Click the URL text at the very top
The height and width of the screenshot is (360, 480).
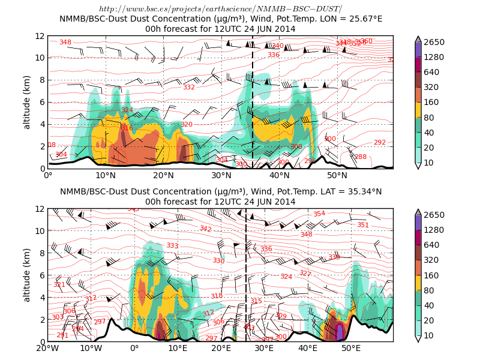[x=220, y=9]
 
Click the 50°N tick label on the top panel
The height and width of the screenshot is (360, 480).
[x=337, y=176]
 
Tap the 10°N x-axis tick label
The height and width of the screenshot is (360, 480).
[x=106, y=176]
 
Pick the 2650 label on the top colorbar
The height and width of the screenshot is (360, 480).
[x=436, y=42]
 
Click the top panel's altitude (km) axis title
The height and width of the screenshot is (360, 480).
[x=27, y=102]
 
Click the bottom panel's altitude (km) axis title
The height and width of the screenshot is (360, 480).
[x=27, y=275]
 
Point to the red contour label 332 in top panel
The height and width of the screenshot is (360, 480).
[x=189, y=88]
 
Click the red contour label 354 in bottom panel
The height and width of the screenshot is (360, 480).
[x=319, y=214]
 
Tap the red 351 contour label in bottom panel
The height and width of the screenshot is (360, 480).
[x=363, y=225]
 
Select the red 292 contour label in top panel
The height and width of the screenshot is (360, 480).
[x=380, y=143]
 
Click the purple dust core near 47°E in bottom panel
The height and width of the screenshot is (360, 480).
[x=340, y=332]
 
